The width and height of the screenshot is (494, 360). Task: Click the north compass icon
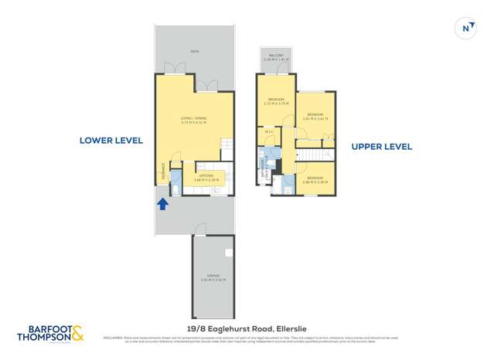coord(466,28)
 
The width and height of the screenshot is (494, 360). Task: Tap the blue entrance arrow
coord(163,204)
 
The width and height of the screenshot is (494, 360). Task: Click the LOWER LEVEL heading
coord(111,141)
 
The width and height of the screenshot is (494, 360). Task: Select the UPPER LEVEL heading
coord(381,146)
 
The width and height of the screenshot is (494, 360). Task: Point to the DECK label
coord(194,52)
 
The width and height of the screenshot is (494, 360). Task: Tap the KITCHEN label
coord(206,178)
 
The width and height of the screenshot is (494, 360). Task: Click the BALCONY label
coord(277,56)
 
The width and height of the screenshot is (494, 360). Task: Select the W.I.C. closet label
coord(269,132)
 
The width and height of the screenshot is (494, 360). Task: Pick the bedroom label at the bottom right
coord(315,179)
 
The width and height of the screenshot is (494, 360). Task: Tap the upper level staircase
coord(314,156)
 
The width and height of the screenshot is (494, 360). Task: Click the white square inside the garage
coord(228,253)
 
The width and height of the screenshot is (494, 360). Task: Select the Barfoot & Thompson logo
coord(50,333)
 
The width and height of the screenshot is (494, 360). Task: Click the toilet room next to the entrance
coord(175,188)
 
